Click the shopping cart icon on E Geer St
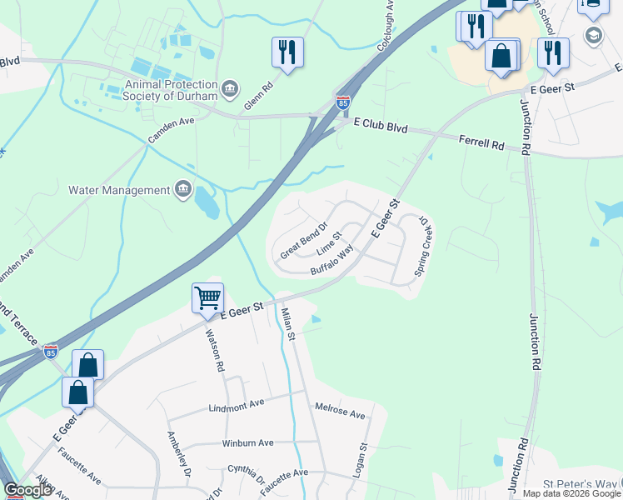coord(207,297)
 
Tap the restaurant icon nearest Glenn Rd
coord(287,52)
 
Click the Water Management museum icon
coord(182,190)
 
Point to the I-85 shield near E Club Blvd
coord(343,102)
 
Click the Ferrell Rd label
coord(481,144)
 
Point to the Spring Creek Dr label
coord(424,247)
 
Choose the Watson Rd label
coord(215,350)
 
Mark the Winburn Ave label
coord(247,443)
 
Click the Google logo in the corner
coord(27,490)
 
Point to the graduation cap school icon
coord(593,35)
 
